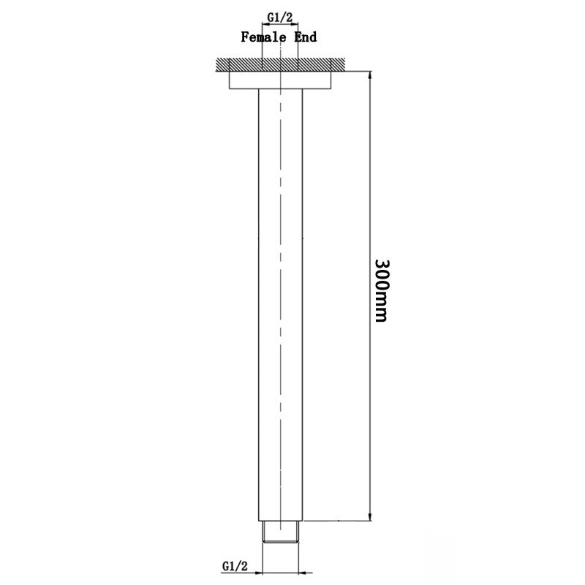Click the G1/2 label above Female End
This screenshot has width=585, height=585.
[x=281, y=15]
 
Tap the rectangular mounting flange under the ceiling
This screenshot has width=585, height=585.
[x=281, y=80]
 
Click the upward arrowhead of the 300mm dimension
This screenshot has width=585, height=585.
[x=371, y=75]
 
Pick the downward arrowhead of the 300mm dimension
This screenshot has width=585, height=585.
[x=371, y=516]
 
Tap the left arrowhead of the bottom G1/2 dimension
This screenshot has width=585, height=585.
[x=265, y=572]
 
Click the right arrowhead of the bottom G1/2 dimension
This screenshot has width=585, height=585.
[x=298, y=572]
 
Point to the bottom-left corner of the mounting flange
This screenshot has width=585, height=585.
[x=230, y=89]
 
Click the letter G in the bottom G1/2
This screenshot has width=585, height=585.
[x=224, y=565]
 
